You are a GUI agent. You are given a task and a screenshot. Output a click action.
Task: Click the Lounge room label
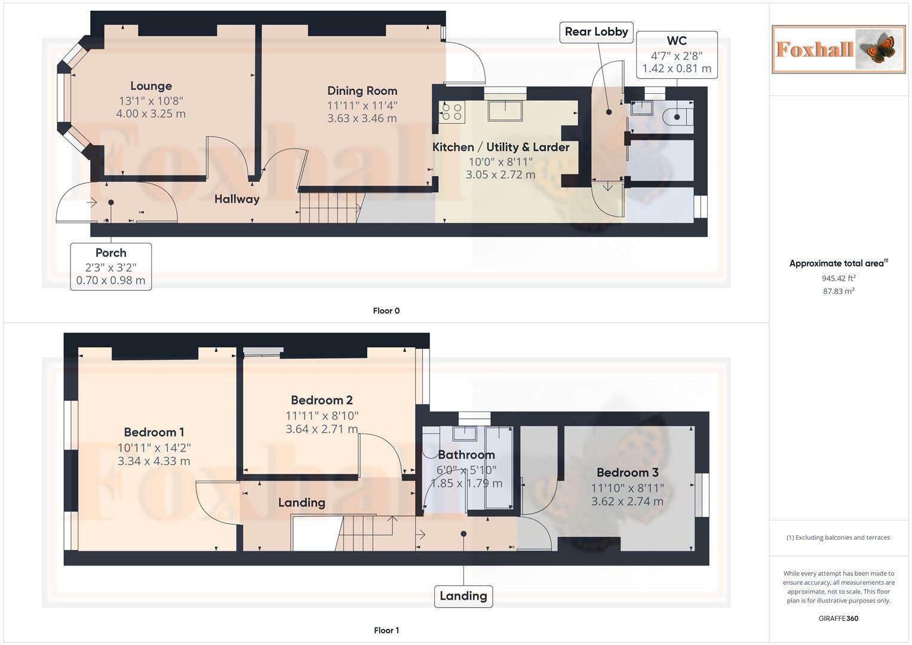pos(151,86)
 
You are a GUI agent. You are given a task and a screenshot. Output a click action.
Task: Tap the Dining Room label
pos(362,91)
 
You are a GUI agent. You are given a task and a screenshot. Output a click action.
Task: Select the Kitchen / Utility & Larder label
pos(500,147)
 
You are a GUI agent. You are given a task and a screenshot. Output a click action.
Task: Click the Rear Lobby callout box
pos(597,32)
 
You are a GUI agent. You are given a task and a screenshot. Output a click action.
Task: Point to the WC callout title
pos(677,41)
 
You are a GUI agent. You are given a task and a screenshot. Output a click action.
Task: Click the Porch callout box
pos(110,267)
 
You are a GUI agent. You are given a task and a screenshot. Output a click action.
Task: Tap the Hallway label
pos(237,199)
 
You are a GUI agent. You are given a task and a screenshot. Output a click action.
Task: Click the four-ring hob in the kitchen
pos(452,112)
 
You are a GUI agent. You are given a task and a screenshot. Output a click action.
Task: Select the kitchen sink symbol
pos(505,110)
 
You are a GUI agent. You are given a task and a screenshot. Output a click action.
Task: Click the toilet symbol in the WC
pos(678,117)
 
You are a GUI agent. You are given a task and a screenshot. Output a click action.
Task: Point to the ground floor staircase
pos(331,208)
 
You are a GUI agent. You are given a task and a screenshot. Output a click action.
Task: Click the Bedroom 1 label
pos(154,432)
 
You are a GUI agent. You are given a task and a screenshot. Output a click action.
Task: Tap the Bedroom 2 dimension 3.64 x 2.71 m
pos(322,429)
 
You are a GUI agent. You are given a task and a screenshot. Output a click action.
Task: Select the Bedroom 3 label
pos(627,472)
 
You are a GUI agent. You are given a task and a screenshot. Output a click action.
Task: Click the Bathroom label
pos(466,454)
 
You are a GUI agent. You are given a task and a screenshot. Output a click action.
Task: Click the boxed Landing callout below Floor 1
pos(463,596)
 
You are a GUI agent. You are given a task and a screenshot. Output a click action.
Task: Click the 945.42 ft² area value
pos(839,278)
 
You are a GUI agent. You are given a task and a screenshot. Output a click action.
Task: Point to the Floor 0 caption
pos(386,311)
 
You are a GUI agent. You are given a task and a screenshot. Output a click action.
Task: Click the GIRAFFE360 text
pos(839,618)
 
